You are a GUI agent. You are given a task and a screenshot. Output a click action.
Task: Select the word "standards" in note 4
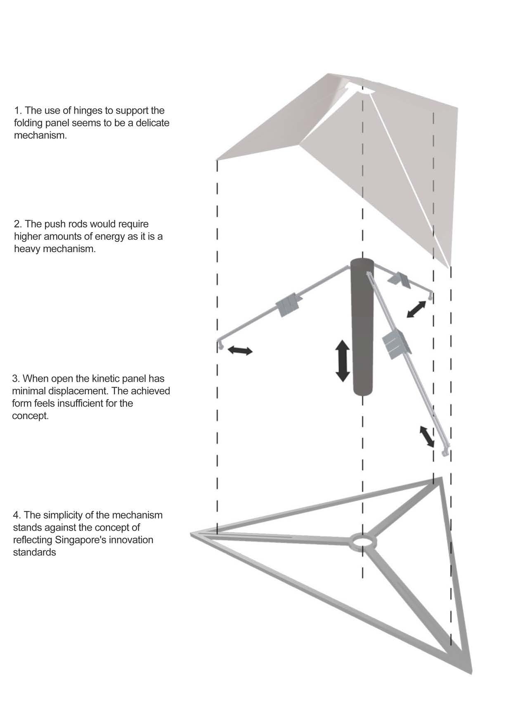point(35,552)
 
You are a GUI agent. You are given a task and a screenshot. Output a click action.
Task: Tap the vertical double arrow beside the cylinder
point(343,360)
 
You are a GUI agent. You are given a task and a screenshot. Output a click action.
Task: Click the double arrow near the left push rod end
point(240,350)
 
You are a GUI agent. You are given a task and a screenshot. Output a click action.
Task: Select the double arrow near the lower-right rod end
point(427,437)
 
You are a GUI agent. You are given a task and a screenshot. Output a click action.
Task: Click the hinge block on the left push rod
point(288,305)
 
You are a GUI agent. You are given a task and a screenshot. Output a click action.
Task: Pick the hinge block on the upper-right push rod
point(399,279)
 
